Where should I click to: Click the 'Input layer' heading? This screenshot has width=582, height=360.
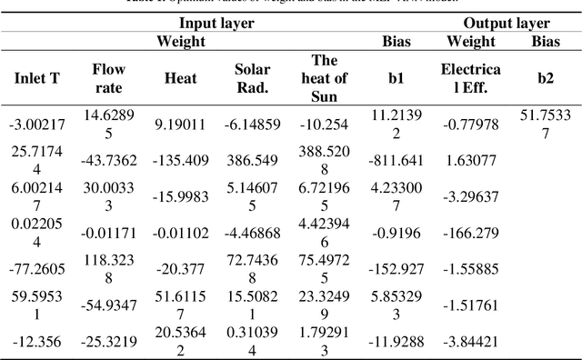pyautogui.click(x=216, y=24)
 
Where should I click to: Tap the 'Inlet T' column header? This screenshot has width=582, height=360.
pyautogui.click(x=36, y=79)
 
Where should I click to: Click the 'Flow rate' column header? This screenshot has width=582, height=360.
pyautogui.click(x=108, y=79)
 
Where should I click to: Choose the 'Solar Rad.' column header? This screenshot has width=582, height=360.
pyautogui.click(x=252, y=79)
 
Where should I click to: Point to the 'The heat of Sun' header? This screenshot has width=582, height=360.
pyautogui.click(x=324, y=79)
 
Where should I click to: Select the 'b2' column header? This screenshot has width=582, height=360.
pyautogui.click(x=545, y=79)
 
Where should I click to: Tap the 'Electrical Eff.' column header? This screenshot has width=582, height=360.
pyautogui.click(x=469, y=79)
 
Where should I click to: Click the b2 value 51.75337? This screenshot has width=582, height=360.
pyautogui.click(x=545, y=124)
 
